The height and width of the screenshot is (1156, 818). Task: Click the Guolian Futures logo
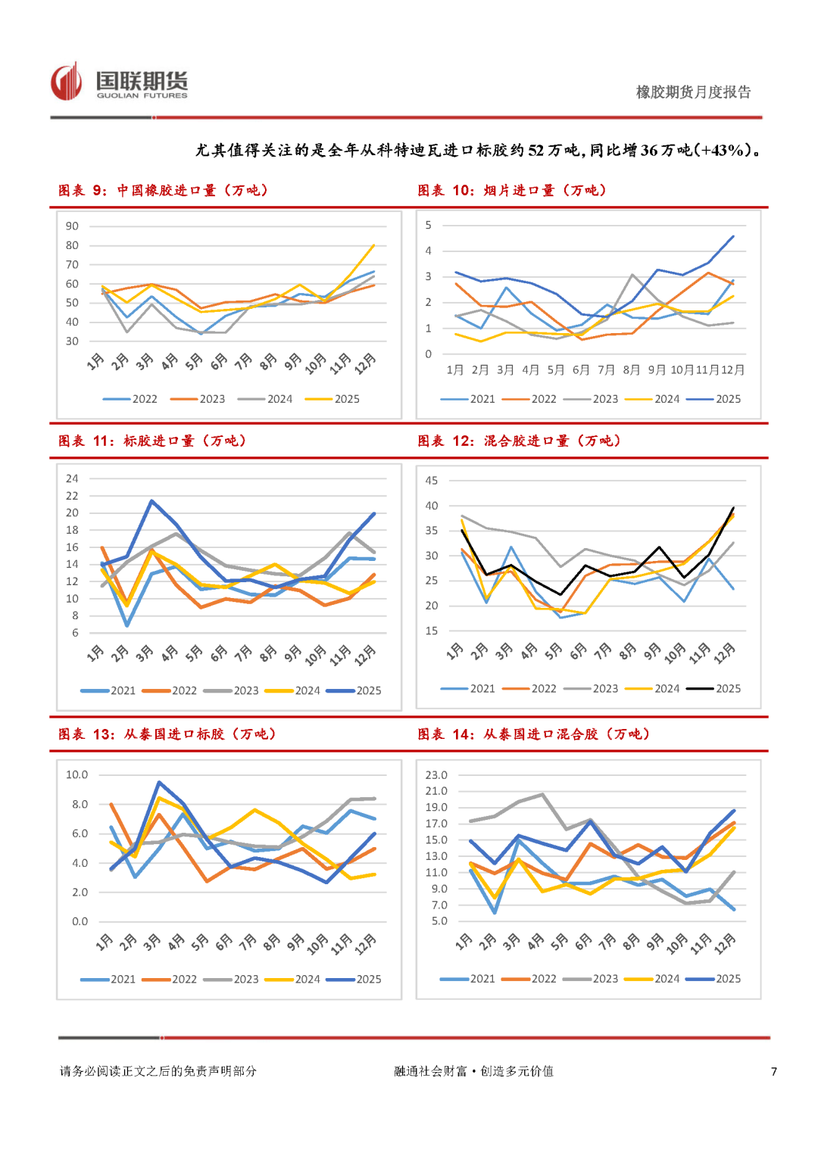coord(119,82)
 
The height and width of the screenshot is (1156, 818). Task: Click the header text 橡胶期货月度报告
coord(693,92)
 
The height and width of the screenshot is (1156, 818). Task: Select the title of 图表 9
coord(164,190)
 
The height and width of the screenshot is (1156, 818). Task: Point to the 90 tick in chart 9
coord(72,226)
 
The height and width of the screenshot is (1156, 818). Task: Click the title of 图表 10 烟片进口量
coord(512,190)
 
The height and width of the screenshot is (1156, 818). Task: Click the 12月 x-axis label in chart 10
coord(732,370)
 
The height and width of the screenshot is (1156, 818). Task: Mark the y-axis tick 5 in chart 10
coord(429,225)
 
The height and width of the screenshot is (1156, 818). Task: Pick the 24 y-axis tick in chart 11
coord(72,478)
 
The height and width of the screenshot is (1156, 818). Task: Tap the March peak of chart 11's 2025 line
coord(151,501)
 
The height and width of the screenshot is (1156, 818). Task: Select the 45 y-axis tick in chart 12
coord(431,481)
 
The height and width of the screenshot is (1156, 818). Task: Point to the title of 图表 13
coord(167,734)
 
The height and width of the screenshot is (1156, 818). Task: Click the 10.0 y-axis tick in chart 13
coord(76,774)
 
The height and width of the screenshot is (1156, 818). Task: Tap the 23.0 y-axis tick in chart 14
coord(436,775)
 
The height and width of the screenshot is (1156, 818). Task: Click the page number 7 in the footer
coord(773,1071)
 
